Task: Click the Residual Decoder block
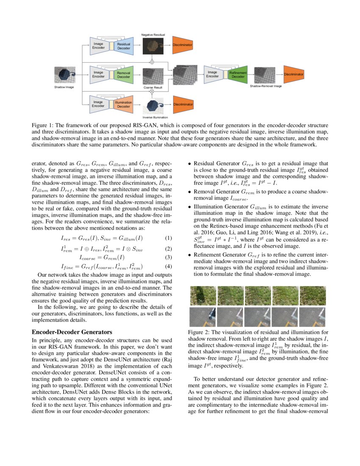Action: coord(124,46)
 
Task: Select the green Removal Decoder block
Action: coord(124,75)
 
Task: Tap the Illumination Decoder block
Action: coord(124,104)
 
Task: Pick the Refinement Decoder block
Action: coord(238,75)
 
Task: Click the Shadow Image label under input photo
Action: coord(64,87)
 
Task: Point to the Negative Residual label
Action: coord(153,34)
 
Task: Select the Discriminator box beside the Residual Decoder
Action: coord(183,45)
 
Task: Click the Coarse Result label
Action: coord(153,87)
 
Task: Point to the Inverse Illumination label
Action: coord(155,117)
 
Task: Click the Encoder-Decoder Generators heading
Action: coord(72,332)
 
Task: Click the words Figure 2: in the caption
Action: coord(200,332)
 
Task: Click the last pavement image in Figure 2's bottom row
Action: coord(313,317)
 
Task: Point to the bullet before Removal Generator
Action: coord(189,191)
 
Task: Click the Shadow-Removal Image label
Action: coord(266,86)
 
